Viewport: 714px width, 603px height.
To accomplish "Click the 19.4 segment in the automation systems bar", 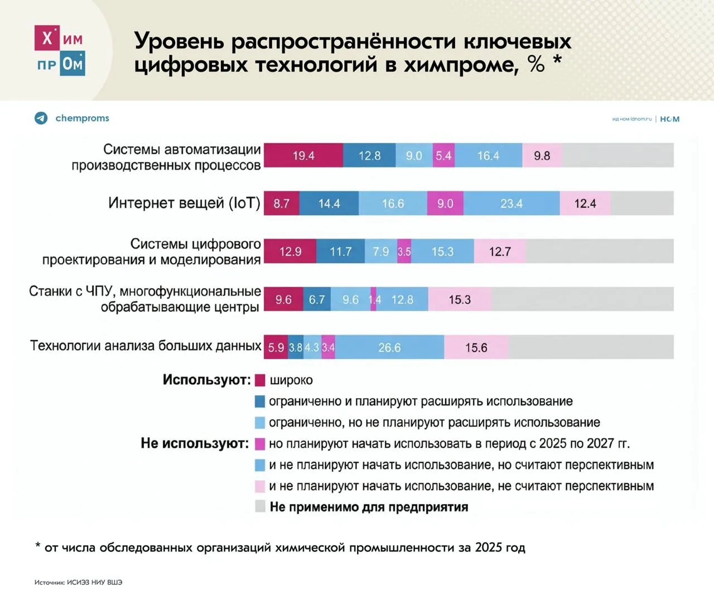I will click(x=303, y=156).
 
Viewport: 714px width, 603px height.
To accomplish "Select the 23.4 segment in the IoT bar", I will click(x=512, y=204).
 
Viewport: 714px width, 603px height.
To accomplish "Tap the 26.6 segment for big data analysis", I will click(x=389, y=347).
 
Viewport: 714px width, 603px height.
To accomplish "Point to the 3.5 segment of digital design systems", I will click(x=404, y=252).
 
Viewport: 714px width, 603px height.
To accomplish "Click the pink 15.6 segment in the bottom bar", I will click(x=476, y=347).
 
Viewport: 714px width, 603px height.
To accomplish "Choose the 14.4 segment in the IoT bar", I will click(x=329, y=204).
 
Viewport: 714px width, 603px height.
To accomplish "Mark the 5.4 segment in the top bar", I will click(x=443, y=156).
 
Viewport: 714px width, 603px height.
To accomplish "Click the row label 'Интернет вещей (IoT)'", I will click(x=184, y=203).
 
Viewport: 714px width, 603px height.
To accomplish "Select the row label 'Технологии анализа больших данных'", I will click(x=146, y=346).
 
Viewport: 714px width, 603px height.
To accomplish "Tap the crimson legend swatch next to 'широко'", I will click(x=260, y=380).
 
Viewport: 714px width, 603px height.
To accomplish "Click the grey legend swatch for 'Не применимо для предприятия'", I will click(x=260, y=506).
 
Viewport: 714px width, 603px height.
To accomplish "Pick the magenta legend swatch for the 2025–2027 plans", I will click(x=260, y=444).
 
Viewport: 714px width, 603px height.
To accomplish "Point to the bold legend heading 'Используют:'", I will click(x=206, y=380).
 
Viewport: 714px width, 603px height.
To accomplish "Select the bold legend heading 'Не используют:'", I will click(x=195, y=443).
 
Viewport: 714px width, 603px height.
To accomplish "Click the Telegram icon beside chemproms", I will click(x=41, y=118).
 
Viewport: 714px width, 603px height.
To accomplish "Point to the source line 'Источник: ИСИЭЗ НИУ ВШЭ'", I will click(x=78, y=582).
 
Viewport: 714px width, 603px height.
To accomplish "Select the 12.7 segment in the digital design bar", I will click(x=500, y=252).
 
